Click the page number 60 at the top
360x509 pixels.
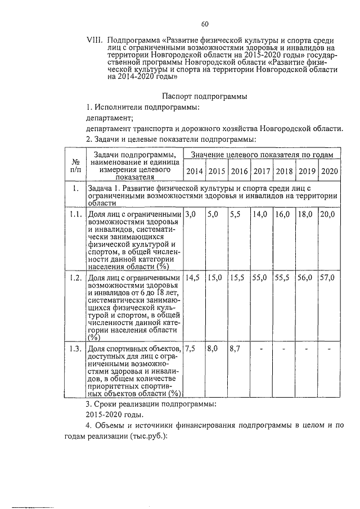tap(204, 23)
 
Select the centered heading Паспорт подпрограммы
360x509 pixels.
tap(205, 96)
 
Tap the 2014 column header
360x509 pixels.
tap(195, 171)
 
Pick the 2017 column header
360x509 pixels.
tap(261, 171)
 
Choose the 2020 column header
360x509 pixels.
tap(328, 171)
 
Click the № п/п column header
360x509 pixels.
tap(75, 164)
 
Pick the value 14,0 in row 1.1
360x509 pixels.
tap(259, 214)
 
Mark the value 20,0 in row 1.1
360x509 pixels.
tap(327, 214)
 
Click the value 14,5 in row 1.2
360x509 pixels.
tap(193, 278)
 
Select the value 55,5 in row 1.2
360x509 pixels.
tap(282, 278)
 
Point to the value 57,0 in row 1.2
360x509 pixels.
tap(327, 278)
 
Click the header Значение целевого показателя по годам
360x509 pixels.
tap(262, 154)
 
